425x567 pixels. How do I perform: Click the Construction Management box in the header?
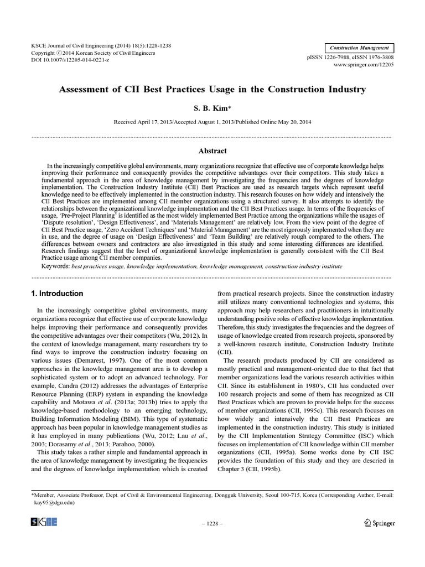359,48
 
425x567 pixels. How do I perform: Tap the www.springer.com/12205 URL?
364,65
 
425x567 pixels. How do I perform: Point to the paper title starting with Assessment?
212,89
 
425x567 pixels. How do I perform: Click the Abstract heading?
212,150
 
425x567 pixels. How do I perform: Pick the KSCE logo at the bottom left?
45,522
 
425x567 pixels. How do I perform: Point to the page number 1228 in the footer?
212,523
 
